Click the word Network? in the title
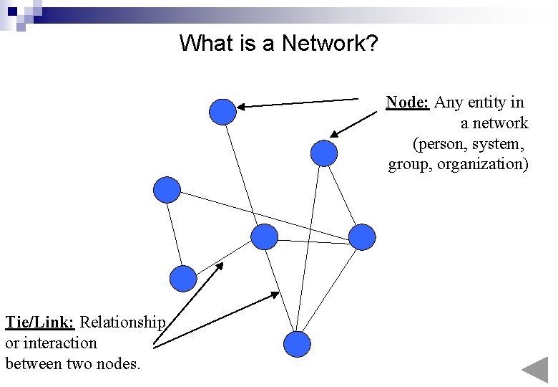tap(330, 43)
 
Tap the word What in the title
tap(206, 43)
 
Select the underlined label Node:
tap(407, 102)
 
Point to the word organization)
tap(483, 164)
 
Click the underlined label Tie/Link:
tap(39, 322)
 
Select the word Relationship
tap(122, 322)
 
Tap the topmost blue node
tap(222, 112)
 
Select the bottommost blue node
tap(297, 344)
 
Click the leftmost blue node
tap(167, 190)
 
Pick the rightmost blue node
tap(362, 237)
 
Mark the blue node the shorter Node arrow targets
tap(324, 153)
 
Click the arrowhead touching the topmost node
tap(241, 107)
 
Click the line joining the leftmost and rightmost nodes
tap(265, 214)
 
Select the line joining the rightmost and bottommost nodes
tap(330, 290)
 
